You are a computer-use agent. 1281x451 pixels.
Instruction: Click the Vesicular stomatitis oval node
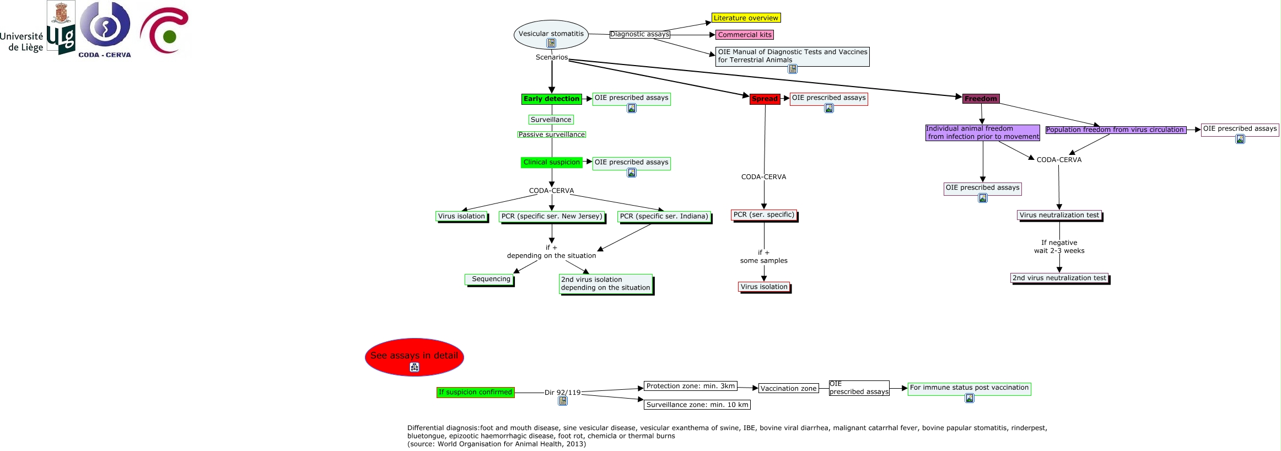coord(551,34)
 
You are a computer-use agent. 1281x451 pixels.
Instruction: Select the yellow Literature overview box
coord(746,18)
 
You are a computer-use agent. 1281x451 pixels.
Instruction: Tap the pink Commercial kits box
coord(745,35)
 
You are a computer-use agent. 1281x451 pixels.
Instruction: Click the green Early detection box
coord(551,99)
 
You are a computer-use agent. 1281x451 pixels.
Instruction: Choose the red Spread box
coord(765,99)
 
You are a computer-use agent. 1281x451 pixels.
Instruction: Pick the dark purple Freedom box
coord(981,99)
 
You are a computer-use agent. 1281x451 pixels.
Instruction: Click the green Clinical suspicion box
coord(551,163)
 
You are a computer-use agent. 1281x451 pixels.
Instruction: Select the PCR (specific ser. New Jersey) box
coord(552,217)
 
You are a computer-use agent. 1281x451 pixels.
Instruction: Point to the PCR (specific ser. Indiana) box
coord(664,217)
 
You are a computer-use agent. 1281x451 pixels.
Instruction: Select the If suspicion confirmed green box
coord(475,393)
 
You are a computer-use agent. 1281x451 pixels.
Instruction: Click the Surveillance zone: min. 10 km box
coord(697,405)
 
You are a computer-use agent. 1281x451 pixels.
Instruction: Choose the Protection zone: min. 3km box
coord(690,386)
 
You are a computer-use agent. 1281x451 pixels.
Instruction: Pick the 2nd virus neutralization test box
coord(1059,278)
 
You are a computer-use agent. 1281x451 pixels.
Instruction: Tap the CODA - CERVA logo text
coord(105,55)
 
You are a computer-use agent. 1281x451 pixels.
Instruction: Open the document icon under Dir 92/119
coord(562,401)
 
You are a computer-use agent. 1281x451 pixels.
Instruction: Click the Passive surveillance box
coord(551,135)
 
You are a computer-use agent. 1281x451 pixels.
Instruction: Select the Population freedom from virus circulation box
coord(1115,130)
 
